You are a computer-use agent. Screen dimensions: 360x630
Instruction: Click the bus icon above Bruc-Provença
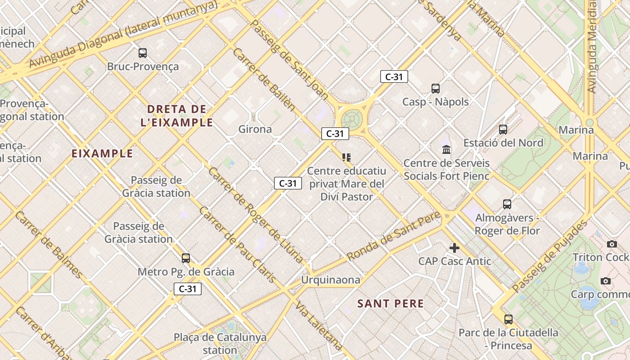pos(143,53)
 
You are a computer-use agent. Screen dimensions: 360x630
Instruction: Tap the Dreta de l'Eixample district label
pos(176,116)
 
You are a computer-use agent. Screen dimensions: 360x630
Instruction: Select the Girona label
pos(255,129)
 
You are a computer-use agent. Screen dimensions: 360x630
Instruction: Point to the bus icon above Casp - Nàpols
pos(435,89)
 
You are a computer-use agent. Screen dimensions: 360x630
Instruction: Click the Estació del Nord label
pos(503,143)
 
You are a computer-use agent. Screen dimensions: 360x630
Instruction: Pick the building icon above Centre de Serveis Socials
pos(446,149)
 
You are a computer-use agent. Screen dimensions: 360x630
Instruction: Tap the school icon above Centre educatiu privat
pos(346,157)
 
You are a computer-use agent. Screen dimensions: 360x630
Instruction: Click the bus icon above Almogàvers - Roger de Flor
pos(507,204)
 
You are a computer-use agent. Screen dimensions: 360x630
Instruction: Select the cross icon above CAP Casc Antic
pos(454,247)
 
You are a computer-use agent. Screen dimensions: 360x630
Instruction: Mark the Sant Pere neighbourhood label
pos(391,304)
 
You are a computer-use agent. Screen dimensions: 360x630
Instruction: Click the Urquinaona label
pos(331,280)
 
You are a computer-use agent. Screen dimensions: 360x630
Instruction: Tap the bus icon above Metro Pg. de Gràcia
pos(186,258)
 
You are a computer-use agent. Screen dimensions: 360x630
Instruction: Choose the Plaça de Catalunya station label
pos(220,343)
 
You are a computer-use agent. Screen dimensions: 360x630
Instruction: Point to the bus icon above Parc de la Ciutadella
pos(508,319)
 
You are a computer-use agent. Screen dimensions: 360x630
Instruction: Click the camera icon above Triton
pos(612,244)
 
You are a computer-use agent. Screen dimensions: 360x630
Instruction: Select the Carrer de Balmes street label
pos(49,244)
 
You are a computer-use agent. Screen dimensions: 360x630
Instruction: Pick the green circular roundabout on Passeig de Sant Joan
pos(352,119)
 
